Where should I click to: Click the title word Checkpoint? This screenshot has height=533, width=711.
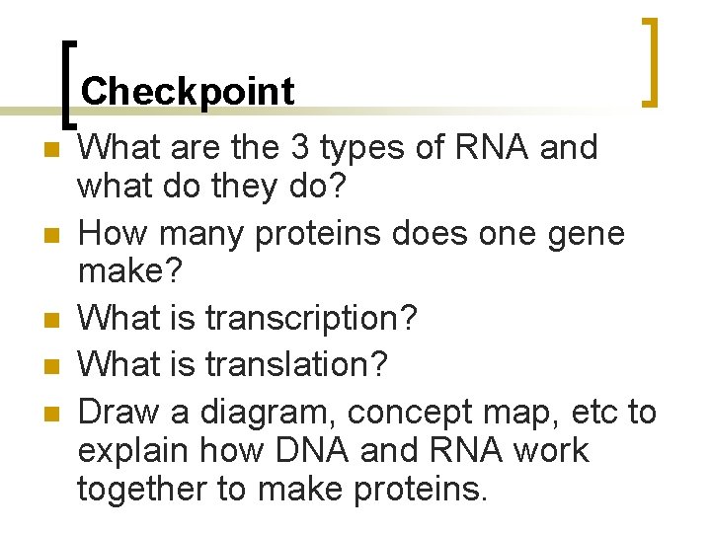click(188, 92)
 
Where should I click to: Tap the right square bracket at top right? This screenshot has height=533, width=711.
click(650, 61)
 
